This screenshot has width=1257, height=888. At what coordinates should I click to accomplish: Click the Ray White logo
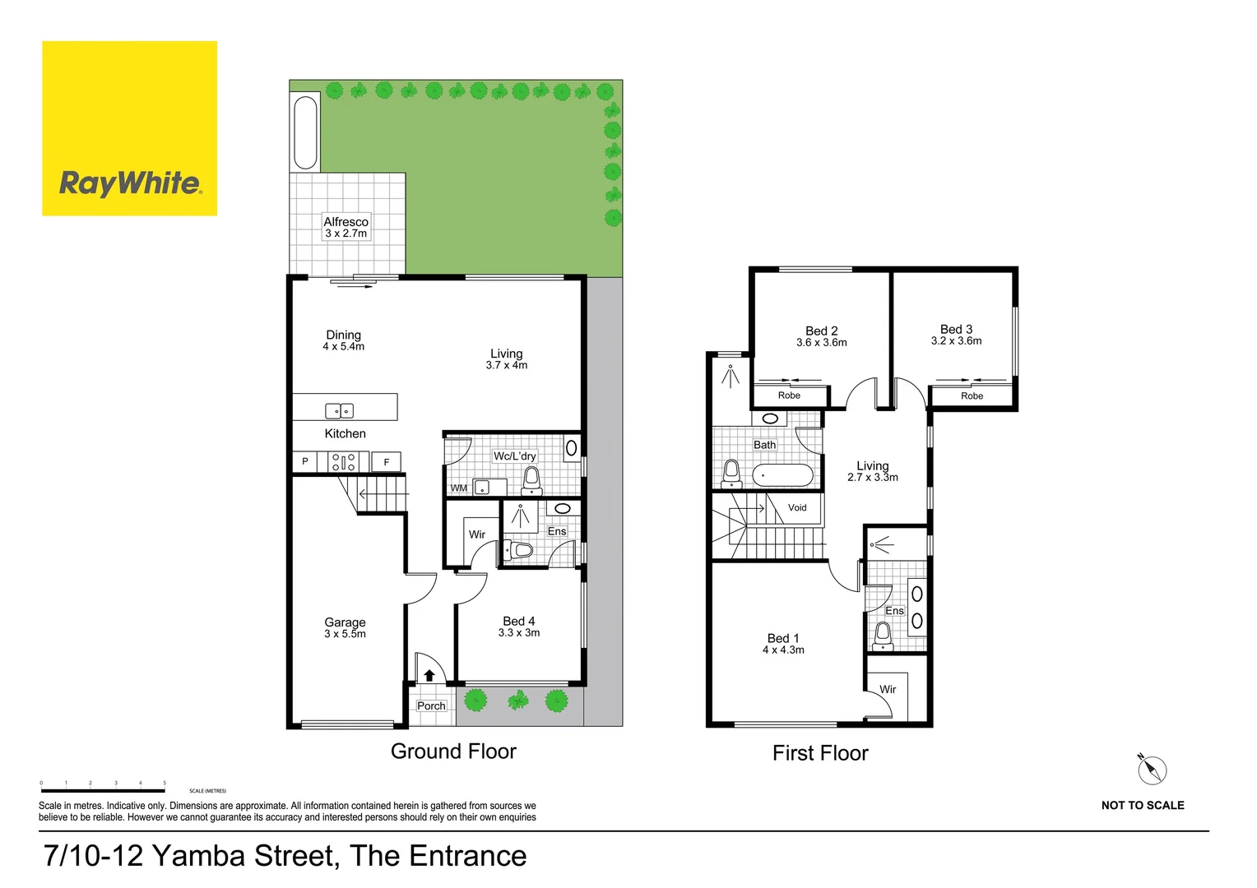[129, 129]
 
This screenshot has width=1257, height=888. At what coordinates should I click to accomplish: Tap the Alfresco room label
[346, 222]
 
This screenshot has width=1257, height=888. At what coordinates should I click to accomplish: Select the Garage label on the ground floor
[345, 622]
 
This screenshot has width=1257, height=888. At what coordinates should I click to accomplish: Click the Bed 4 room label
[518, 622]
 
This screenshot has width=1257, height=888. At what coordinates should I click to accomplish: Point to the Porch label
[431, 705]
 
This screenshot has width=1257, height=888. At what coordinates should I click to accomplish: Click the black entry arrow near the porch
[429, 675]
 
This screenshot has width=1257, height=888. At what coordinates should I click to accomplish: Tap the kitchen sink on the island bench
[339, 410]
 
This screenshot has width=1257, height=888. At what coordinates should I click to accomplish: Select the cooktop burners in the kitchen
[343, 462]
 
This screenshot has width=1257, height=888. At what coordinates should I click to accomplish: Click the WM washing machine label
[459, 488]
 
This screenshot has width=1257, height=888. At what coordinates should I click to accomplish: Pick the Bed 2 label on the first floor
[821, 331]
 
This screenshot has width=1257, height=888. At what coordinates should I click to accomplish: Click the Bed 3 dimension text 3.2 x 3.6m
[956, 341]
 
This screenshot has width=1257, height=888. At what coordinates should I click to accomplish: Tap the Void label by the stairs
[797, 507]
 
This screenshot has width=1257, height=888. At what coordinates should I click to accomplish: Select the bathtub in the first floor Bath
[782, 475]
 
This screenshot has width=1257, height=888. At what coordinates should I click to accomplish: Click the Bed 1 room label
[782, 638]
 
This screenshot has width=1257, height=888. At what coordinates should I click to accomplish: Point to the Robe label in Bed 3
[972, 395]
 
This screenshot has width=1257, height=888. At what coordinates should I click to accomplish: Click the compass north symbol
[1152, 770]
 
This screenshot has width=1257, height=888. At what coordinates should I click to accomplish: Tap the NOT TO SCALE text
[1142, 805]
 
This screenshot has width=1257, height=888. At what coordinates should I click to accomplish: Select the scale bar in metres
[103, 790]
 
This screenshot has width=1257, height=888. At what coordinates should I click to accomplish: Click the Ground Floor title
[453, 752]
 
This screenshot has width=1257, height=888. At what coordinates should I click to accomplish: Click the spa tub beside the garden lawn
[305, 132]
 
